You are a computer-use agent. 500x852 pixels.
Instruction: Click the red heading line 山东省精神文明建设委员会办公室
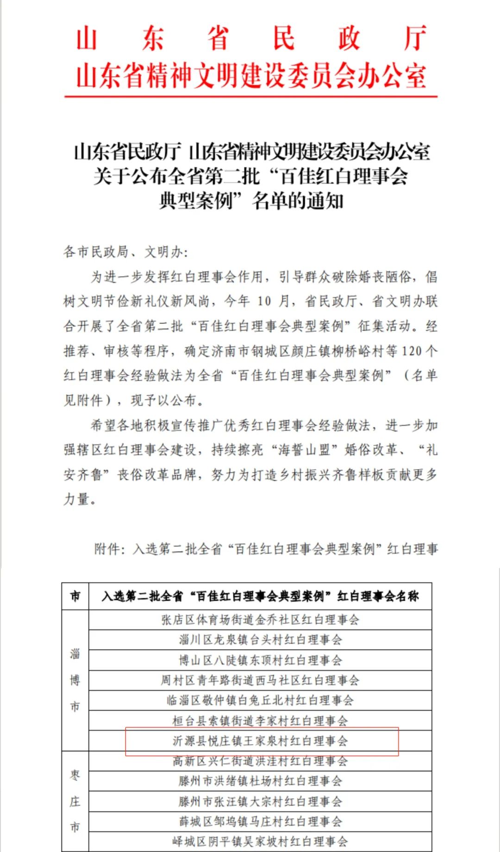click(x=250, y=76)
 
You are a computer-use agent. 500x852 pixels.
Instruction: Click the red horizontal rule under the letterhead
click(x=250, y=97)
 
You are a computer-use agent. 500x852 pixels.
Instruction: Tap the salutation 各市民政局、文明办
click(x=125, y=252)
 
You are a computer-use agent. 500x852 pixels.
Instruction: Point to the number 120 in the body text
click(x=412, y=351)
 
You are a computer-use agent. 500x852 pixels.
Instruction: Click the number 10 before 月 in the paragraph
click(x=264, y=301)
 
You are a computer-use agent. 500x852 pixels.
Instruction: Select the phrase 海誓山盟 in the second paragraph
click(x=303, y=450)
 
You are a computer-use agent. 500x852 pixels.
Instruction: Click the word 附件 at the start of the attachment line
click(x=107, y=549)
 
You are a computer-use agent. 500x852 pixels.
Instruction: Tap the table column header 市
click(x=75, y=596)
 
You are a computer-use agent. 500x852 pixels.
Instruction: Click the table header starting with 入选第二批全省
click(x=260, y=596)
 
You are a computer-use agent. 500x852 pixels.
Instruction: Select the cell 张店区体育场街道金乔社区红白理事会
click(x=260, y=620)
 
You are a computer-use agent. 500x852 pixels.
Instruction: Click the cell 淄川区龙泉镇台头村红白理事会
click(x=260, y=640)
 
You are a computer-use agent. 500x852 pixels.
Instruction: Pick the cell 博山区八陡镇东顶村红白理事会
click(x=260, y=660)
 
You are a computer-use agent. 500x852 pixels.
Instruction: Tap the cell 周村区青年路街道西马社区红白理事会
click(x=260, y=680)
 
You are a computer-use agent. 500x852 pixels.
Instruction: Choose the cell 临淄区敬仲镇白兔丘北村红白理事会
click(x=260, y=700)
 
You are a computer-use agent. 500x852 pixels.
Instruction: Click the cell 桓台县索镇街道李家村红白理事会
click(x=260, y=721)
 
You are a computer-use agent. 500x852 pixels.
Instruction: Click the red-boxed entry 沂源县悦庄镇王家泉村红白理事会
click(x=260, y=741)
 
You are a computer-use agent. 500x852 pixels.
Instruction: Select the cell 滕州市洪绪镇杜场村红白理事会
click(x=260, y=781)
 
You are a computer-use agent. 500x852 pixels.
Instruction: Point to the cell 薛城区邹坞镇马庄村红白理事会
click(x=260, y=821)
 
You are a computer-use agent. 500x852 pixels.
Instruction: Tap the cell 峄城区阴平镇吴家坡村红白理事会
click(x=260, y=841)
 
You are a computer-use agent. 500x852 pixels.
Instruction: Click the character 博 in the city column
click(x=75, y=680)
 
